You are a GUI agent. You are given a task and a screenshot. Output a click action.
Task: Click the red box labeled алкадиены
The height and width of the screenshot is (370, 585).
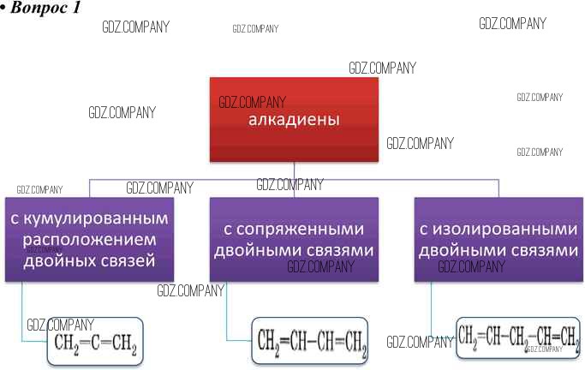click(294, 120)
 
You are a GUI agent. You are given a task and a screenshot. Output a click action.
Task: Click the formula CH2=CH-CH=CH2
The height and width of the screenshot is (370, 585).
click(311, 342)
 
